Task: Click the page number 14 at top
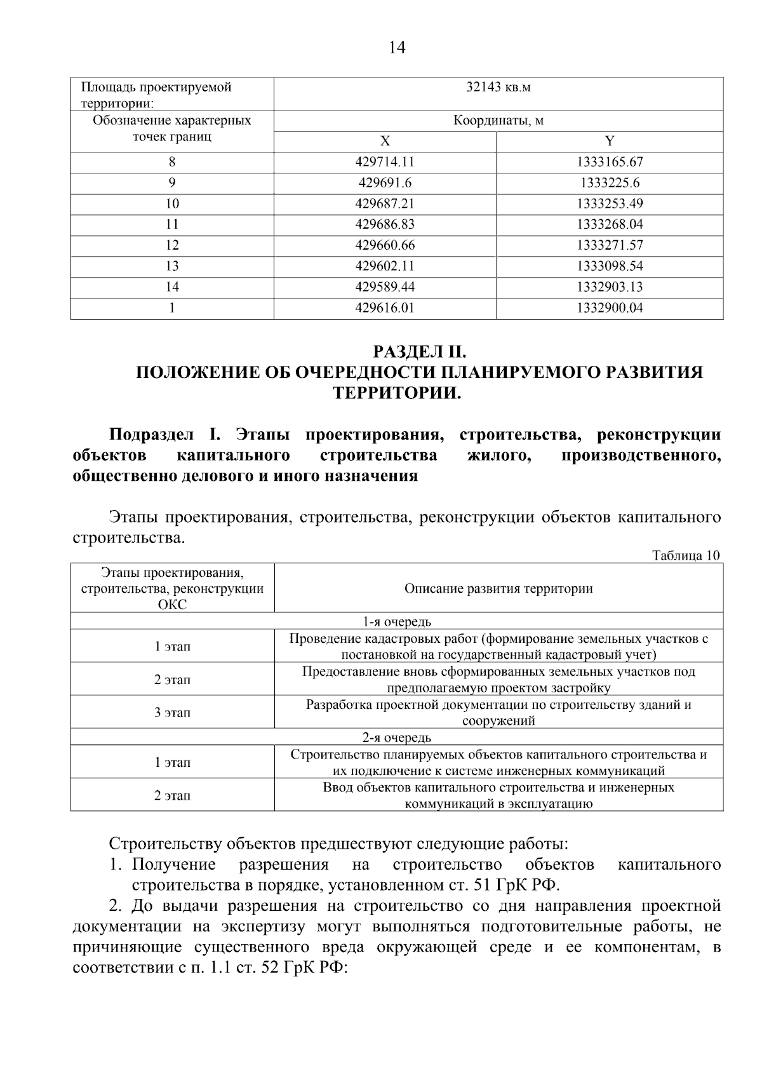click(396, 48)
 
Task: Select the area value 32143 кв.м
click(498, 88)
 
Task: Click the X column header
click(385, 141)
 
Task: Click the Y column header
click(610, 141)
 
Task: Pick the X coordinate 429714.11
click(385, 162)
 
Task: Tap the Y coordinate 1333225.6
click(610, 183)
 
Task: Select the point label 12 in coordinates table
click(172, 245)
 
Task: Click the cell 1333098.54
click(610, 266)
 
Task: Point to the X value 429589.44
click(385, 287)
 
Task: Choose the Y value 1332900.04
click(610, 308)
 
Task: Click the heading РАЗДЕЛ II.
click(420, 351)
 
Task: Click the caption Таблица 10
click(686, 555)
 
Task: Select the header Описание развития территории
click(498, 588)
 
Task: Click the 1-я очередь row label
click(397, 621)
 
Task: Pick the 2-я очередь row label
click(397, 738)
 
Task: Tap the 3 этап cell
click(172, 713)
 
